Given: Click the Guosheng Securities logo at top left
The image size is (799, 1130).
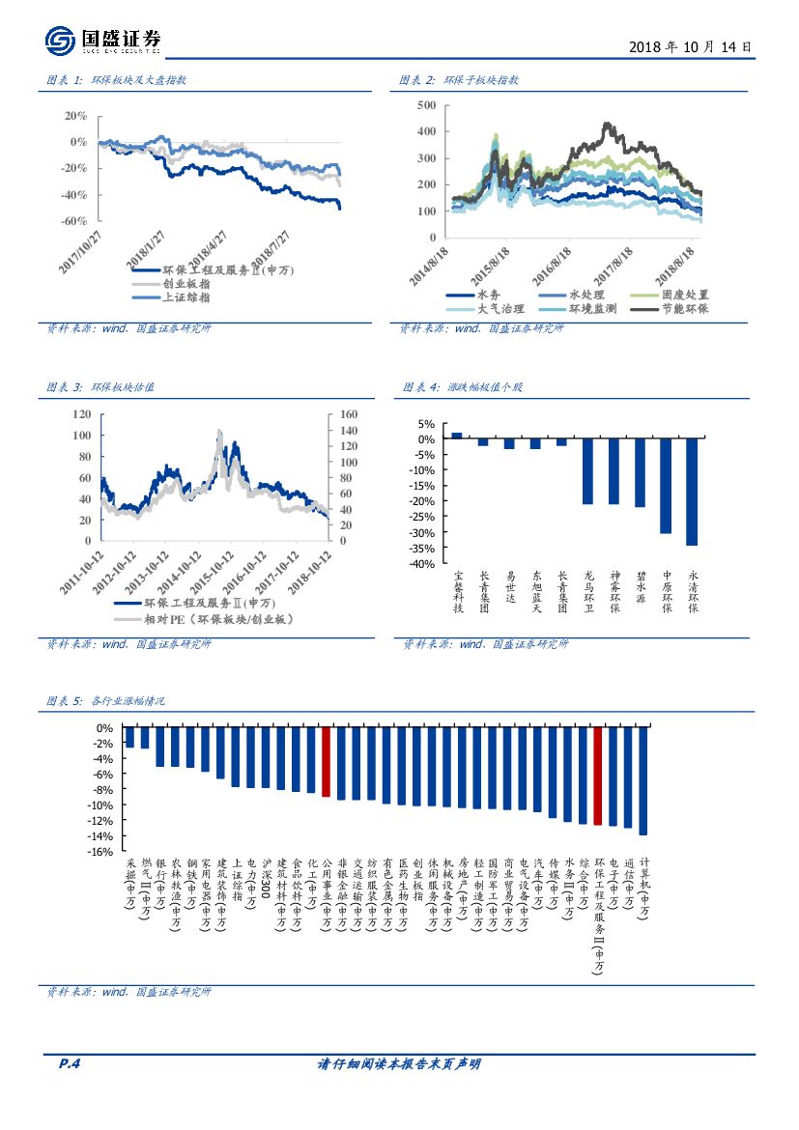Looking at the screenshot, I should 102,40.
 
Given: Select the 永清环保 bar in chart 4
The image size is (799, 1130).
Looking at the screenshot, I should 692,492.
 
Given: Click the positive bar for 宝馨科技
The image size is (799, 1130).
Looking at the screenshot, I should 457,436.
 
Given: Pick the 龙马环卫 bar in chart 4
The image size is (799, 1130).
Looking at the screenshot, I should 587,471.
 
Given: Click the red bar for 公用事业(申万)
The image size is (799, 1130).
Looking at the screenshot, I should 327,762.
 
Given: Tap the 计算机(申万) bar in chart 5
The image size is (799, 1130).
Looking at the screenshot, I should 643,781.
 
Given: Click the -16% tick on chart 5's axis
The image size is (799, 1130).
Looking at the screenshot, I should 102,852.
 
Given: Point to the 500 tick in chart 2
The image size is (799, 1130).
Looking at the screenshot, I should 426,104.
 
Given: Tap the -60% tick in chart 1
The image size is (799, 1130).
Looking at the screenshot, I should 74,221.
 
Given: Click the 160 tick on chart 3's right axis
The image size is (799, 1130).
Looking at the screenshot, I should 343,413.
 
